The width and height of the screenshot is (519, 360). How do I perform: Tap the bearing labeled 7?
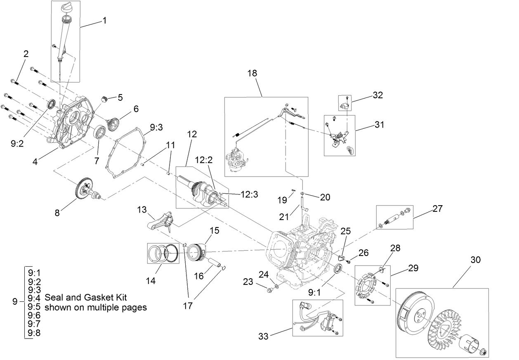coord(99,133)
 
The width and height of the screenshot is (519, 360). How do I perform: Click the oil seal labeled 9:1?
coord(337,268)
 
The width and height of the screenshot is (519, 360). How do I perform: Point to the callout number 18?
coord(252,73)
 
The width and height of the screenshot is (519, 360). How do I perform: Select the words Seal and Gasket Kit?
coord(85,297)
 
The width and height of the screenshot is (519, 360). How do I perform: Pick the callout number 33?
coord(263,336)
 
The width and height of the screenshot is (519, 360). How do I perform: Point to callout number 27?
coord(437,208)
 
